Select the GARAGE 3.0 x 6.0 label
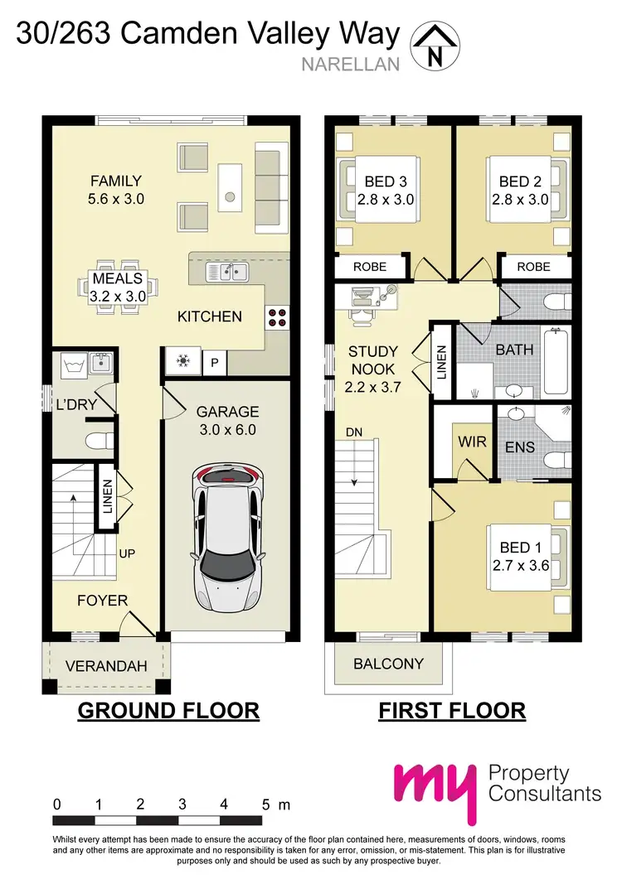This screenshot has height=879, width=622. (227, 420)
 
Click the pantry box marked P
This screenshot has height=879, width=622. (215, 363)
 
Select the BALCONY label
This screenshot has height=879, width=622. (388, 664)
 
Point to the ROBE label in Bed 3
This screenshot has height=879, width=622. (370, 267)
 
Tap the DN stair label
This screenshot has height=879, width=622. (353, 432)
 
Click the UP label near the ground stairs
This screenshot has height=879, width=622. (127, 553)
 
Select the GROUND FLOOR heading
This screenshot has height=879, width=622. (168, 711)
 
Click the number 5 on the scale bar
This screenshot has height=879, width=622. (265, 804)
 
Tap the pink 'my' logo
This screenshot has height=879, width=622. (436, 788)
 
